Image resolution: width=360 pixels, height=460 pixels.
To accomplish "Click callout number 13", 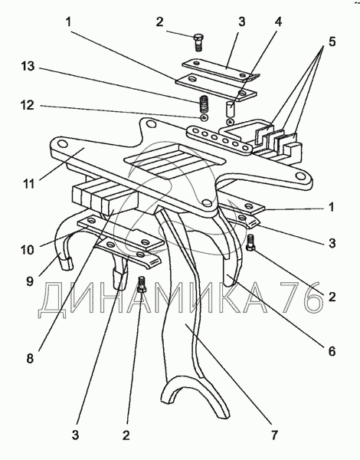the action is [x=28, y=66].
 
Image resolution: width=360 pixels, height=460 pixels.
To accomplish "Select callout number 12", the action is [x=28, y=105].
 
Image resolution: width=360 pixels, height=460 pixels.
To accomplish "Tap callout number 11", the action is [x=29, y=184].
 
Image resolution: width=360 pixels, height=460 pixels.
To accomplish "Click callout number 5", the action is [x=332, y=41].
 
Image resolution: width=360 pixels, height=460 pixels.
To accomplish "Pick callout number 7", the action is [x=273, y=435].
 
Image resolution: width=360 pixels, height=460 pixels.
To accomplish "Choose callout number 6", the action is [x=332, y=351].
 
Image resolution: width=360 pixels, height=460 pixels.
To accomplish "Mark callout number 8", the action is [x=30, y=359].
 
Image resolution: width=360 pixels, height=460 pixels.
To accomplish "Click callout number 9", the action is [x=30, y=281].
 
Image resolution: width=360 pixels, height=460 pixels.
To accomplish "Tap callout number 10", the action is [x=28, y=250].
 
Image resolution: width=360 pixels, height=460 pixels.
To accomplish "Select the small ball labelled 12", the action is [x=204, y=117].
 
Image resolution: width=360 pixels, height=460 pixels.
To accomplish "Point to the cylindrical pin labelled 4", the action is [x=231, y=109].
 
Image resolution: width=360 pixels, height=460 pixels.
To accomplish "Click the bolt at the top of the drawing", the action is [x=199, y=43].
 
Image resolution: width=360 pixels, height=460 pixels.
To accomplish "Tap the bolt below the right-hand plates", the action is [x=250, y=243].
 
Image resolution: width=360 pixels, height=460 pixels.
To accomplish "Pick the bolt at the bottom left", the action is [x=142, y=284].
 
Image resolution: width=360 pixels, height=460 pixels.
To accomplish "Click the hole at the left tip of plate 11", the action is [x=62, y=144].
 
